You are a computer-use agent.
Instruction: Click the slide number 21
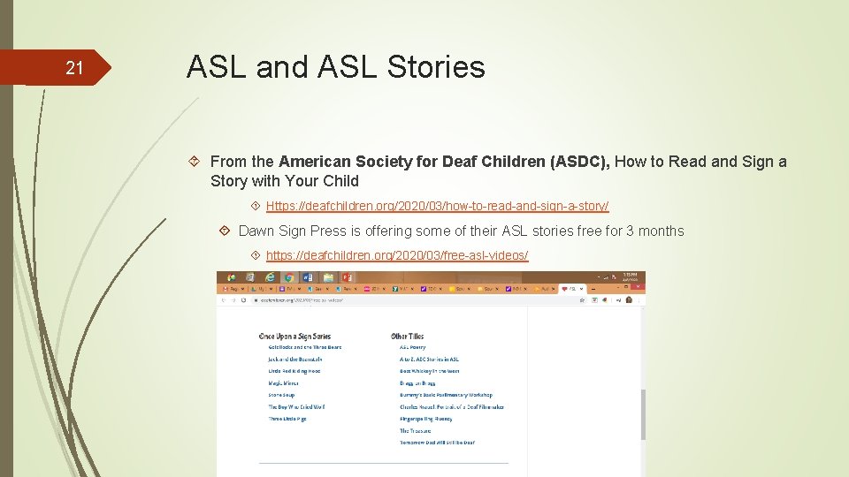point(74,68)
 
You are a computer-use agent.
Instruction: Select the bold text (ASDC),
point(579,162)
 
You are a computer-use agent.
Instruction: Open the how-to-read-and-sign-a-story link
point(437,206)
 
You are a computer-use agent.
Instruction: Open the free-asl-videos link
point(397,255)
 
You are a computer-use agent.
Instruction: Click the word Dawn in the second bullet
point(256,231)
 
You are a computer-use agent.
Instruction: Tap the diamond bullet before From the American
point(197,162)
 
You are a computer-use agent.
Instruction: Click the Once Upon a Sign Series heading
point(294,337)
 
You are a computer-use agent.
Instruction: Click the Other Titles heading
point(407,337)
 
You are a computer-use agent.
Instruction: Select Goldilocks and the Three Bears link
point(304,348)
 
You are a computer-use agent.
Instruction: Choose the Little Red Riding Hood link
point(294,372)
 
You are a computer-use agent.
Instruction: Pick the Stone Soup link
point(282,395)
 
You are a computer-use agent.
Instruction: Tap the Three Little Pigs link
point(287,419)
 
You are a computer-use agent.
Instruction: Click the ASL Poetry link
point(412,348)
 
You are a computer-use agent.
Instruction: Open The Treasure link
point(415,431)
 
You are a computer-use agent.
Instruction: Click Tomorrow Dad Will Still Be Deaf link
point(437,443)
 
